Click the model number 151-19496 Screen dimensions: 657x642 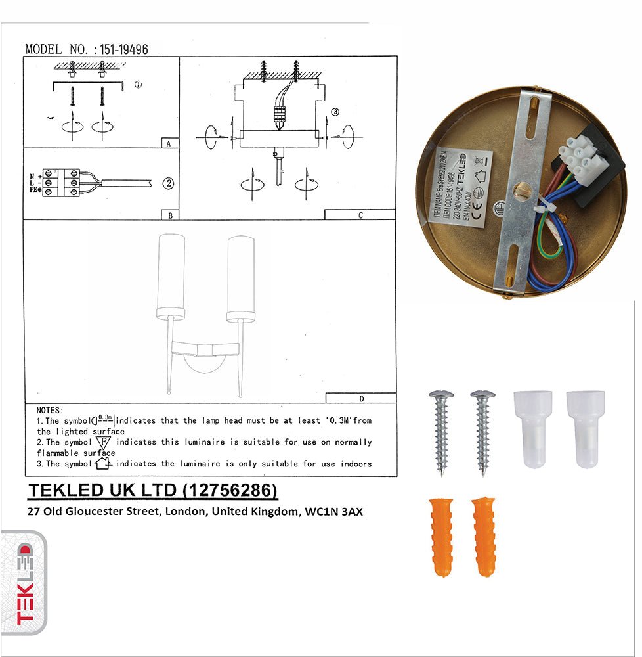tap(125, 49)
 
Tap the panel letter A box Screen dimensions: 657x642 tap(169, 143)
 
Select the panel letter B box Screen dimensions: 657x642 tap(169, 215)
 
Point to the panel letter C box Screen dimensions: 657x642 tap(360, 215)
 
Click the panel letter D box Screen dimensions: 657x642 tap(361, 398)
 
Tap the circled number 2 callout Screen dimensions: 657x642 tap(169, 184)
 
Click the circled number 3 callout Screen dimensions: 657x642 tap(335, 112)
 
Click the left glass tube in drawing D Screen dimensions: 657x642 tap(171, 277)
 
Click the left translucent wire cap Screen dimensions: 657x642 tap(532, 429)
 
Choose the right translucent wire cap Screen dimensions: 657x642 tap(586, 429)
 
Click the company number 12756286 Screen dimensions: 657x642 tap(229, 491)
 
